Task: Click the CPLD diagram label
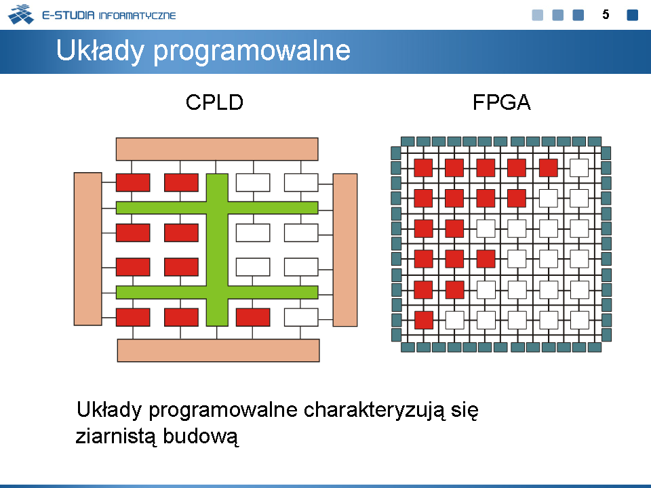point(214,102)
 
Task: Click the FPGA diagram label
point(502,102)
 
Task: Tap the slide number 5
point(606,15)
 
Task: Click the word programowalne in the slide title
point(252,52)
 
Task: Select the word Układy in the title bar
point(100,51)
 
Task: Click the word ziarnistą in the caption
point(115,436)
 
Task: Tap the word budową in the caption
point(201,436)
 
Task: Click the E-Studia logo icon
point(21,14)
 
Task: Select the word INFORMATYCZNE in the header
point(138,16)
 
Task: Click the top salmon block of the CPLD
point(217,149)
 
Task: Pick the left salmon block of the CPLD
point(88,249)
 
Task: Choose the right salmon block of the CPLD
point(345,250)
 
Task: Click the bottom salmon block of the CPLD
point(218,350)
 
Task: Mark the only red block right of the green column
point(253,317)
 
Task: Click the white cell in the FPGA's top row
point(579,168)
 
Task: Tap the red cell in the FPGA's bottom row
point(423,321)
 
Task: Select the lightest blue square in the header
point(538,15)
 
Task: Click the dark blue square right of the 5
point(632,15)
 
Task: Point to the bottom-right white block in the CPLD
point(301,317)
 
